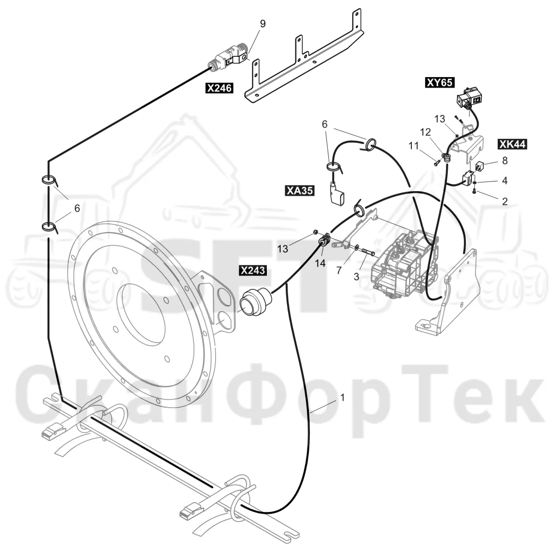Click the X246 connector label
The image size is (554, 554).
(x=219, y=88)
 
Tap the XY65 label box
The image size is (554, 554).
(x=440, y=83)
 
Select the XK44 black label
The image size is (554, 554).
(x=512, y=144)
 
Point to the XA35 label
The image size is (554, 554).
(x=299, y=190)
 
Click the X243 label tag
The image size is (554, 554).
(x=253, y=270)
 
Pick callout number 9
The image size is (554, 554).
(x=263, y=24)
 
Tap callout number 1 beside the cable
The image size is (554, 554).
(x=342, y=397)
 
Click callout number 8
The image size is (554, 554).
(x=505, y=160)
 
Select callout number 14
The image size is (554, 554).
(x=320, y=263)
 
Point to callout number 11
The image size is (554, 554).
(x=414, y=146)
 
